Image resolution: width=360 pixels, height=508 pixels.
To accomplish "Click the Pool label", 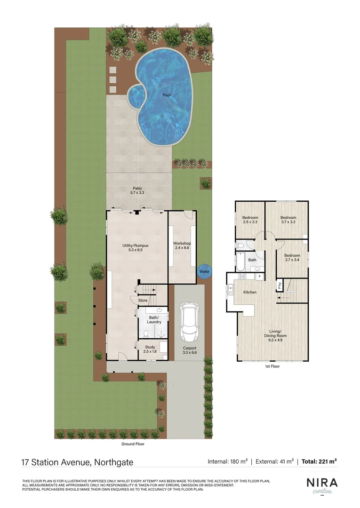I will (x=167, y=95).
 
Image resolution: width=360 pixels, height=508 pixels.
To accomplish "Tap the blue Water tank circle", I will (x=204, y=271).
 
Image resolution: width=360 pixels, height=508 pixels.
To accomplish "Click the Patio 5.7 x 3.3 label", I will (x=137, y=190).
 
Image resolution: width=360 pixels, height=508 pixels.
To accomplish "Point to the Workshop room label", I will (x=182, y=246).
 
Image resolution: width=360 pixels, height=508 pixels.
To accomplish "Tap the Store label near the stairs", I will (x=143, y=300).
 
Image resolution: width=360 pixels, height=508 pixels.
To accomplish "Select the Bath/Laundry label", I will (x=154, y=320).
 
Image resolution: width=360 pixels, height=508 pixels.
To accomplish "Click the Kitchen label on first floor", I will (x=249, y=292).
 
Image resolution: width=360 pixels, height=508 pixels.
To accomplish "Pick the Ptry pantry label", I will (x=280, y=284).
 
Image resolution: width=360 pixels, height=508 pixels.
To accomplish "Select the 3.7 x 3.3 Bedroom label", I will (x=288, y=220).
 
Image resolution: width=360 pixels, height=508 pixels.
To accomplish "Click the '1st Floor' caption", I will (x=272, y=366).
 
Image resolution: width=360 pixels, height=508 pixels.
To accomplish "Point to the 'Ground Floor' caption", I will (x=133, y=444).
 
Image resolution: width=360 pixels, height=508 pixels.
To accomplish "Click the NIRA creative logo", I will (x=321, y=485).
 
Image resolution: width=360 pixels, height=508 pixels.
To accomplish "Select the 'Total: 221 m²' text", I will (x=319, y=462).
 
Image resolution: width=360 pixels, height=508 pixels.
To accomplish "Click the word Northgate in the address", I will (x=112, y=462).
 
